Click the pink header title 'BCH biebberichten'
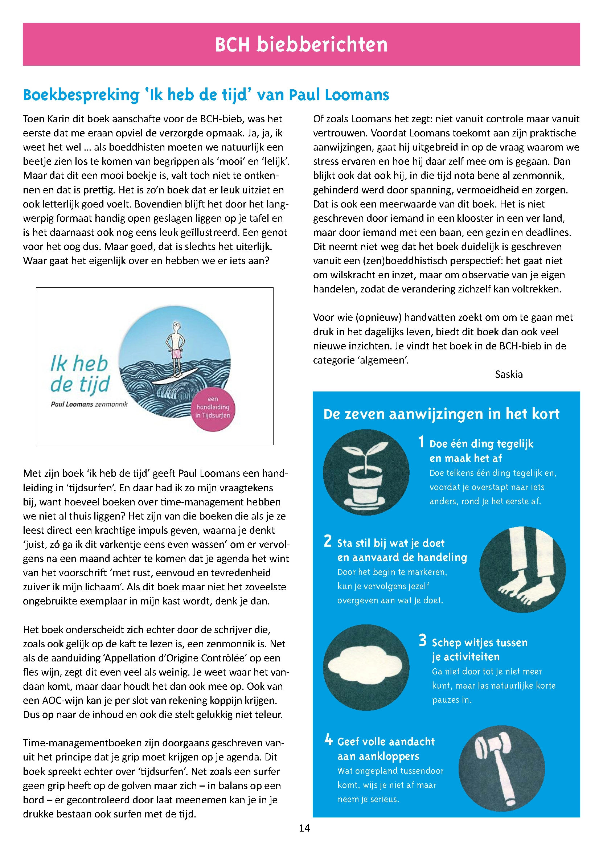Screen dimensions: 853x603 click(301, 45)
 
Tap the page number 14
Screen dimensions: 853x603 click(304, 828)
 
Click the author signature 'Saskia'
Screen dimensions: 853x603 click(509, 374)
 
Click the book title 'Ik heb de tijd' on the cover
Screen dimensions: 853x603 click(80, 373)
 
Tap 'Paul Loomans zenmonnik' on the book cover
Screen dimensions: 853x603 click(89, 404)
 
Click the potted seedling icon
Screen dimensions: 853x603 click(366, 472)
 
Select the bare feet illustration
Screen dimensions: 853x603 click(522, 570)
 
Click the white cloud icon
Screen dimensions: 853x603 click(366, 667)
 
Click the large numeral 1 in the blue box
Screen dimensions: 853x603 click(421, 442)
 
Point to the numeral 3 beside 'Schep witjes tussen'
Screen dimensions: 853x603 click(422, 640)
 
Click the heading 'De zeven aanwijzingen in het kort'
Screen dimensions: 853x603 click(441, 414)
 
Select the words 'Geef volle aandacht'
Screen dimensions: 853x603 click(386, 742)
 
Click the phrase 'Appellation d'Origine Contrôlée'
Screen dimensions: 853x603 click(176, 658)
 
